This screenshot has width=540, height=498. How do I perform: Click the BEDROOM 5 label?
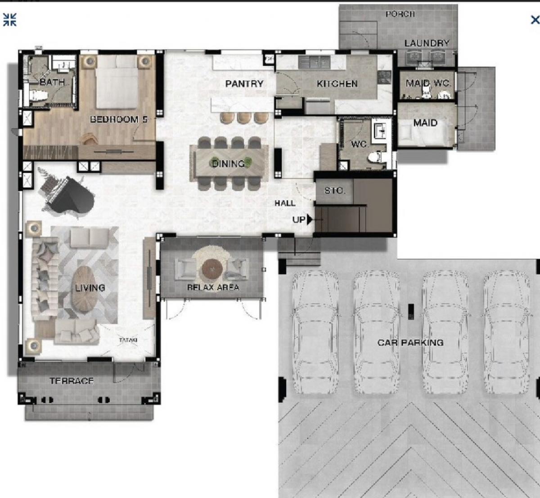(119, 119)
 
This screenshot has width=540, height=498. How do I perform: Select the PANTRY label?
(244, 83)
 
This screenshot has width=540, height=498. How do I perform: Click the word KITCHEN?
(337, 83)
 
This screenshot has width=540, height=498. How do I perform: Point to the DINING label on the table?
(229, 164)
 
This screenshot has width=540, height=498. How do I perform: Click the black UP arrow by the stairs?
(310, 219)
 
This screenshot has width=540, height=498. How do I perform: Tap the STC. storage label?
(335, 191)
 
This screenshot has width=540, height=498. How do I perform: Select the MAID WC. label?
(428, 83)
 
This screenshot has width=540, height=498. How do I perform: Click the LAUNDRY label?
(427, 43)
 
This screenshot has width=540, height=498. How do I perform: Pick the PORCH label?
(400, 14)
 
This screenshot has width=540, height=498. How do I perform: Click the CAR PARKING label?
(410, 343)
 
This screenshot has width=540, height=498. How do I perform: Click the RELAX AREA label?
(213, 287)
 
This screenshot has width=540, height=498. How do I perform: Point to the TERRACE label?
(72, 381)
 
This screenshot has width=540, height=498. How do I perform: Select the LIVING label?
(90, 288)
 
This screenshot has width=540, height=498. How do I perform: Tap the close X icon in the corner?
(535, 20)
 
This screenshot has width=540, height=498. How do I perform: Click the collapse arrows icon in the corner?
(10, 19)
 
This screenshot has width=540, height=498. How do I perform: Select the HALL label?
(285, 203)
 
